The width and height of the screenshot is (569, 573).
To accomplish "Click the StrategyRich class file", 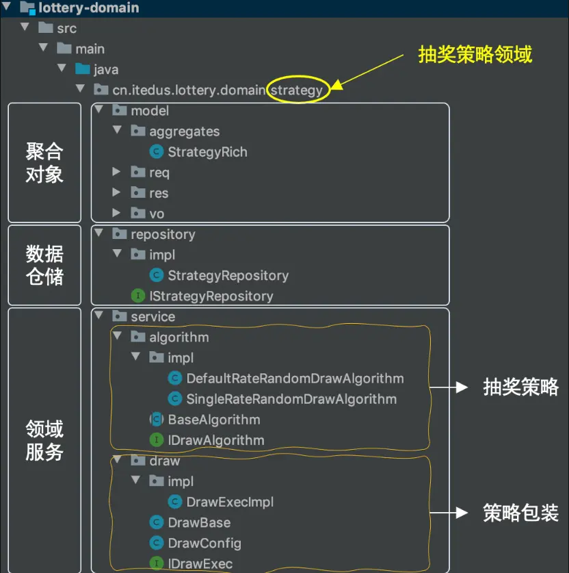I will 207,152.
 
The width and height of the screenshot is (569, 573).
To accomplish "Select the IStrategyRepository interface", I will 211,296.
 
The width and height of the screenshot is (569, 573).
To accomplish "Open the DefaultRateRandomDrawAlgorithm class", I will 295,379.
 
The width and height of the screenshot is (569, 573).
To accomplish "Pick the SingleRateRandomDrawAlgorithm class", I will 291,399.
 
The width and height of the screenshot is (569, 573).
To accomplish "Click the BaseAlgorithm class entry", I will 213,420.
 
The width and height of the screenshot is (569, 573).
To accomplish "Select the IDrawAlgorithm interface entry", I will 215,440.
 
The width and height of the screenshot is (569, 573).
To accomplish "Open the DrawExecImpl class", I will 230,502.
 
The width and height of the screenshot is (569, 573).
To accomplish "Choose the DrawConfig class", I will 204,543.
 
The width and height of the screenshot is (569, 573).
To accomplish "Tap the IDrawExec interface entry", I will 200,564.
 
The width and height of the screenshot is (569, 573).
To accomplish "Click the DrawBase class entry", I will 199,522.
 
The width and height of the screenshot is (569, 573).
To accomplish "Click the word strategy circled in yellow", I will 297,90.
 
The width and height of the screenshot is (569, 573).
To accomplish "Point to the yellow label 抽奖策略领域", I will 475,55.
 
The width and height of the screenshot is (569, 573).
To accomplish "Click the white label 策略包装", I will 520,513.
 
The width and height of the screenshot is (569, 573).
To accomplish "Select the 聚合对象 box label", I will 44,163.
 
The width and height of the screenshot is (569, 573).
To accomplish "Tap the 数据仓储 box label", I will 44,266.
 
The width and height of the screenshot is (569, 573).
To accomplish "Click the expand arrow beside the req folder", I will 117,173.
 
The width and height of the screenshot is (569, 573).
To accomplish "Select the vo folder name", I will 157,214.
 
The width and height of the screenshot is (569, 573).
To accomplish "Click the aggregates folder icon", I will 138,131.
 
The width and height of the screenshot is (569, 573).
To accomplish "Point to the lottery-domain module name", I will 90,8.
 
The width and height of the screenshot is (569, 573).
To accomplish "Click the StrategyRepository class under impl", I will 228,276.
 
